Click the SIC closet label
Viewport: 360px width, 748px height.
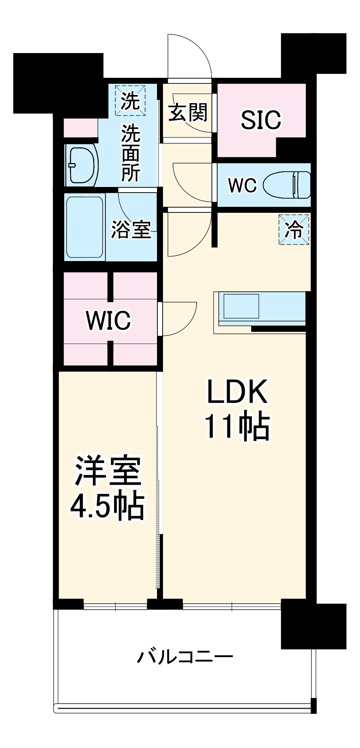click(261, 120)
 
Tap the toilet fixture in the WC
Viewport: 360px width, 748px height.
click(287, 185)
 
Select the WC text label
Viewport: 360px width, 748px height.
click(242, 185)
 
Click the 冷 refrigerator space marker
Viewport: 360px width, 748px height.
click(294, 230)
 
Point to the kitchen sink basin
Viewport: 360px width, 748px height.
click(241, 306)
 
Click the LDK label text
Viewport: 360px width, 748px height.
click(237, 392)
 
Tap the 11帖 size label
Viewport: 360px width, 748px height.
click(237, 426)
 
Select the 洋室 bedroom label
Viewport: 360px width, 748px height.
click(108, 471)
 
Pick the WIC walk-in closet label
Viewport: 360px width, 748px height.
click(108, 320)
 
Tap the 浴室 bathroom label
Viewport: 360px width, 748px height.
click(131, 229)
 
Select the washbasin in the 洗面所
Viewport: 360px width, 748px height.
click(81, 165)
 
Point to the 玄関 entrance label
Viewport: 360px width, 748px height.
click(188, 112)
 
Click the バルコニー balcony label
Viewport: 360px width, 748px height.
click(185, 657)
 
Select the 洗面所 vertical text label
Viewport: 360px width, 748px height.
click(130, 153)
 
